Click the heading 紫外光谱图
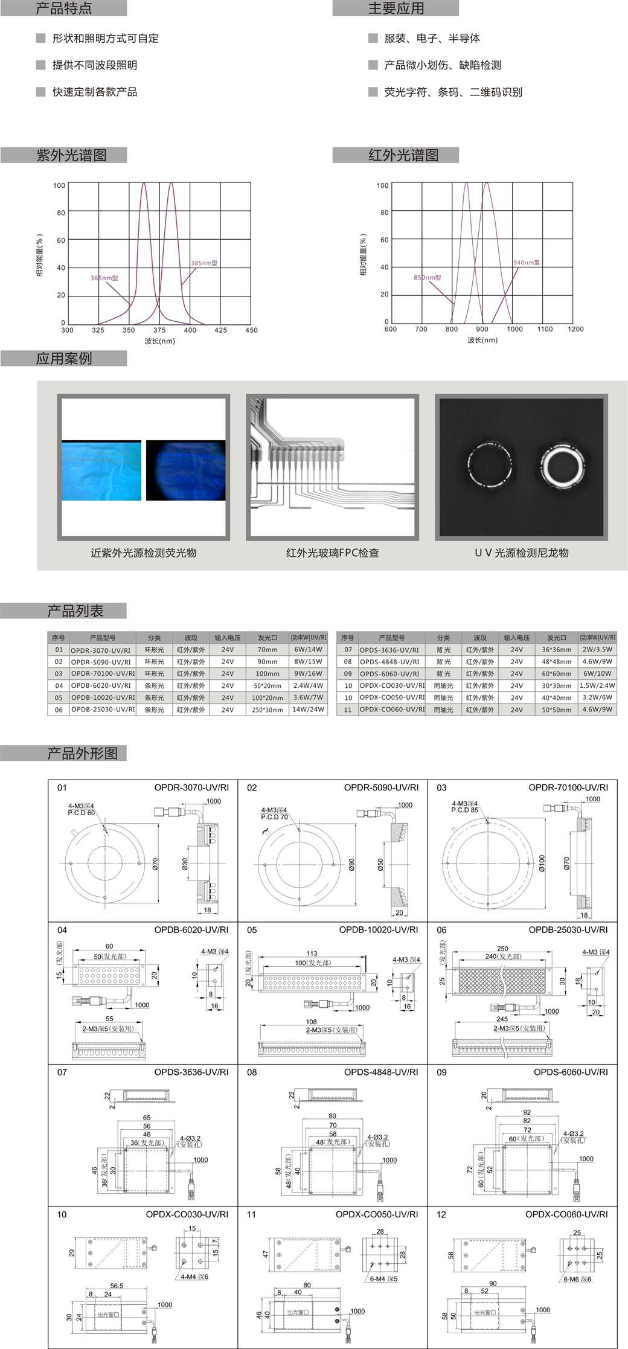point(71,155)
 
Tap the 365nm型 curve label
point(104,278)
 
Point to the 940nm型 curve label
point(527,263)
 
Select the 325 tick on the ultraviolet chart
point(98,330)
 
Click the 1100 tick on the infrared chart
point(545,329)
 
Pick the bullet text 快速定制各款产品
point(95,92)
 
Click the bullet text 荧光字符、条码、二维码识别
point(453,92)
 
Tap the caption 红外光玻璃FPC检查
point(332,553)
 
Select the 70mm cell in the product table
point(267,650)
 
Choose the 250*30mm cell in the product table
point(267,710)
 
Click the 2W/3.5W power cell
point(598,650)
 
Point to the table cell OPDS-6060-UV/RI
point(389,673)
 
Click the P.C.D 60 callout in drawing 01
point(82,813)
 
